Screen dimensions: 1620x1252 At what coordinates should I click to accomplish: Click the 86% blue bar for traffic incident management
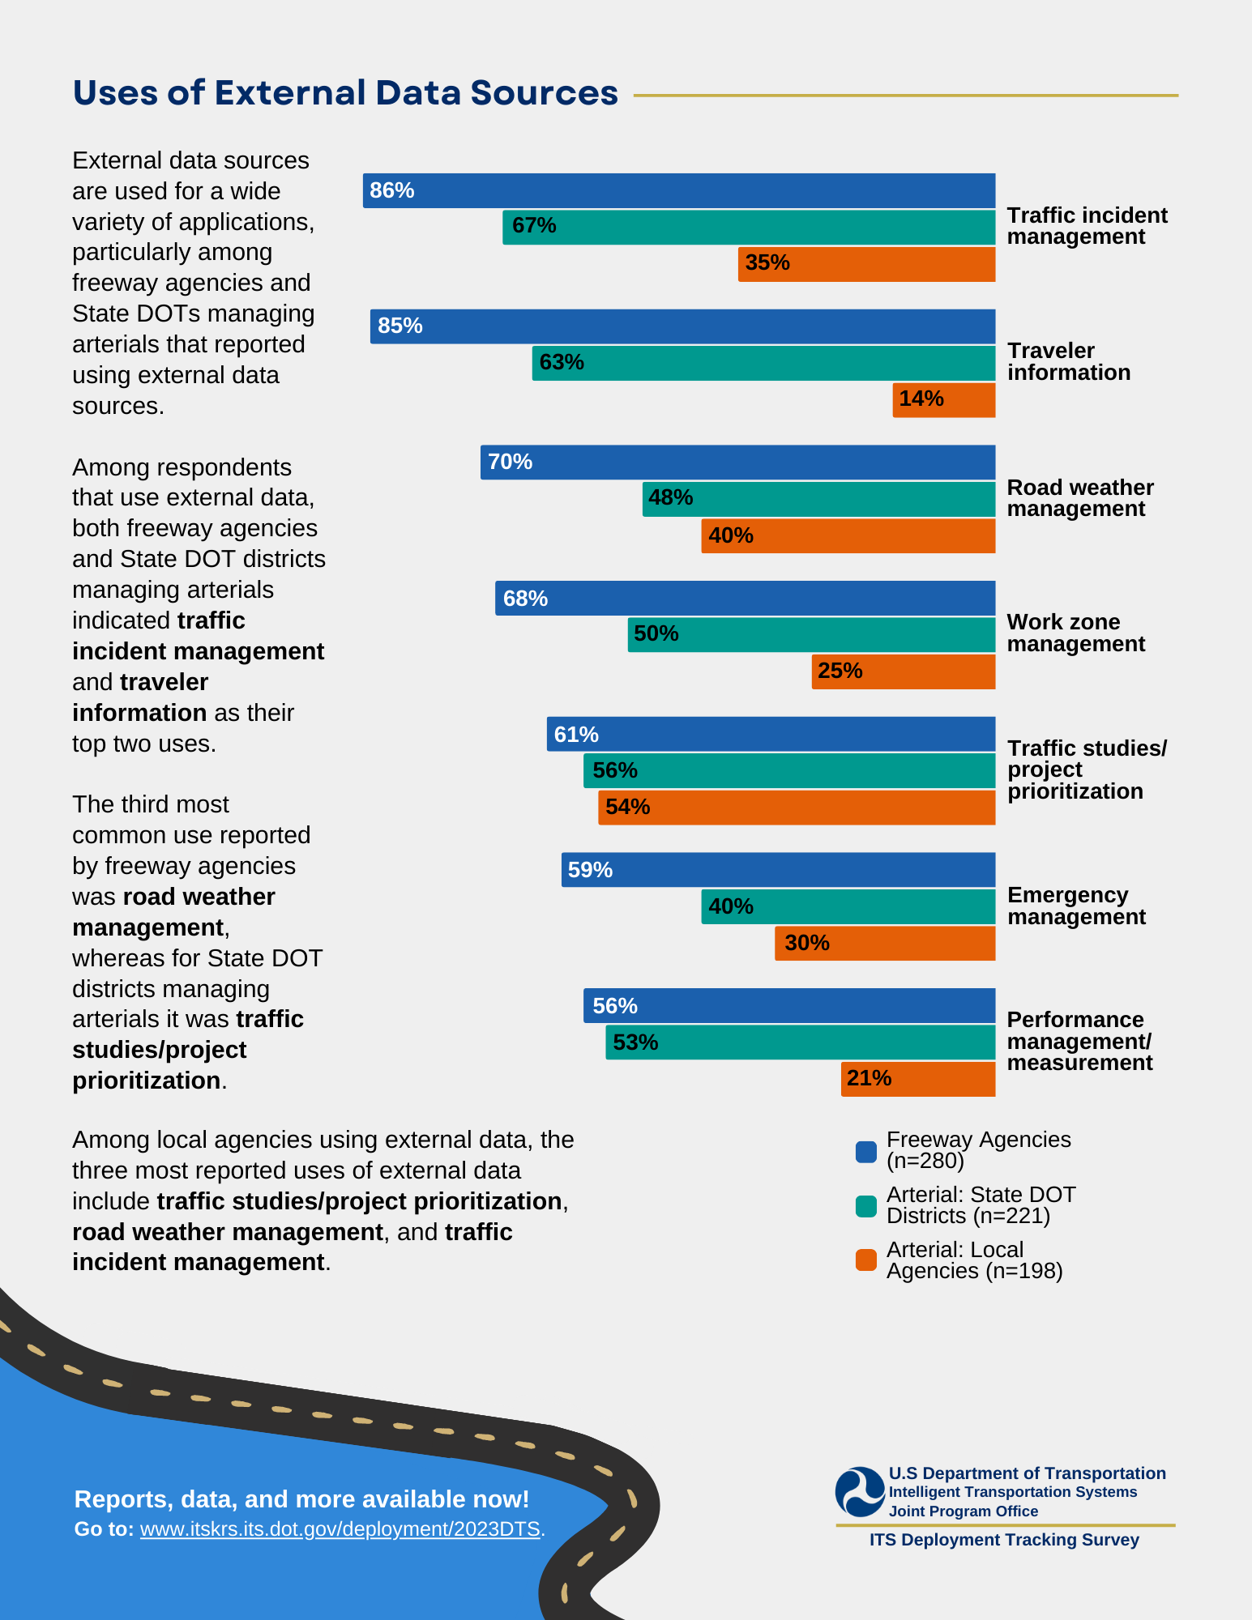679,190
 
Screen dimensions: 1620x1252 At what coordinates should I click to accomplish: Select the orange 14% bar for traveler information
944,400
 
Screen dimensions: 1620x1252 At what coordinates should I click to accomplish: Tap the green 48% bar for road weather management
818,499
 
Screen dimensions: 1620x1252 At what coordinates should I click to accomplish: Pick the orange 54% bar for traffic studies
797,808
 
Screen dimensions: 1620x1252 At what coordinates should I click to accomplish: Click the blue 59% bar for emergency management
778,869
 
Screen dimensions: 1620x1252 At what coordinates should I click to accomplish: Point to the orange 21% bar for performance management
918,1079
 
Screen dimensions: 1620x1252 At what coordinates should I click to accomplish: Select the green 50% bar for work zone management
811,634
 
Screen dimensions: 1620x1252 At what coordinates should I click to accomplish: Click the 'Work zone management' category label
1075,633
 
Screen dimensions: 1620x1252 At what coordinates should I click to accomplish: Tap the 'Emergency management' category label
1075,906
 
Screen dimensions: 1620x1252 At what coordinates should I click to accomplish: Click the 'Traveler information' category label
1068,361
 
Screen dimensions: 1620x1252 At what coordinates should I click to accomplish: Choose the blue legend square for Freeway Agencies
866,1152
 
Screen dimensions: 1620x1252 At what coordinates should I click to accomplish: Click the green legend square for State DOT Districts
866,1206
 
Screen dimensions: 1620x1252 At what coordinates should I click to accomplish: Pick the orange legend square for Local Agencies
866,1260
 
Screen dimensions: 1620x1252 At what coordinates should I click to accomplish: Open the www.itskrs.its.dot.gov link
340,1529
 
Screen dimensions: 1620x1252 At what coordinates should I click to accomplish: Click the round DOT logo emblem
860,1491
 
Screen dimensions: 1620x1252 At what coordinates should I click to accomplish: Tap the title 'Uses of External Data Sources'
345,93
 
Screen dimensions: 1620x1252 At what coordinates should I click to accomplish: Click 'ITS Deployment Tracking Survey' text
1004,1540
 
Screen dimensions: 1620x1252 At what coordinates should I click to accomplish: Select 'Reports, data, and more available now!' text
301,1499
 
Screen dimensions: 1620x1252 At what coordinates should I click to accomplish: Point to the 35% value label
767,263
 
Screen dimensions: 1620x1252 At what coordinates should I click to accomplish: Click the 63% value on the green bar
562,362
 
